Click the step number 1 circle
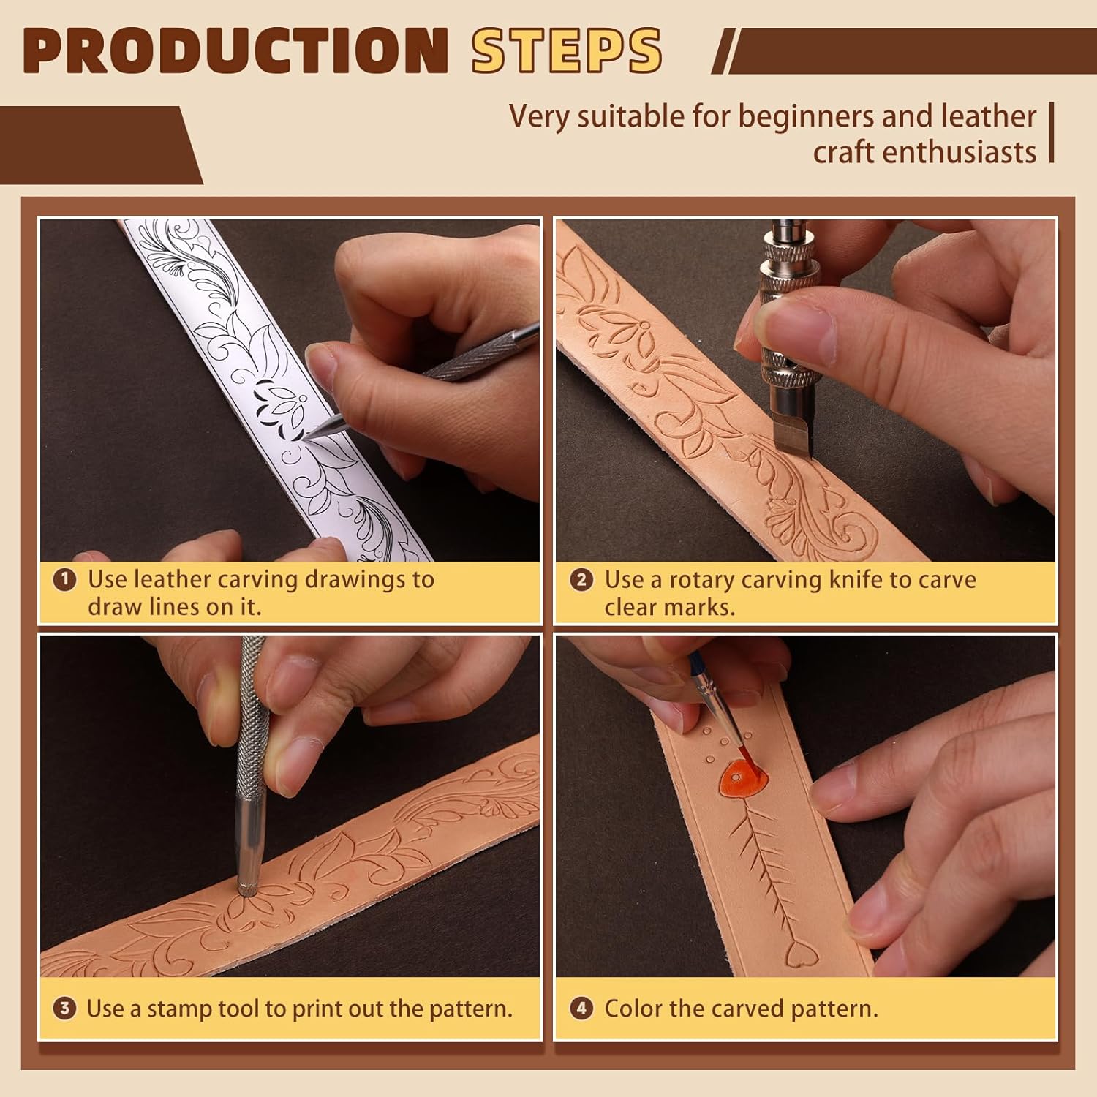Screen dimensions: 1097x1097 [65, 580]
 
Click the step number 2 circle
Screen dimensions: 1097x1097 [581, 580]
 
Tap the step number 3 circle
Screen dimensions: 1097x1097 [65, 1009]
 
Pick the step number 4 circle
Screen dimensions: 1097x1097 [581, 1009]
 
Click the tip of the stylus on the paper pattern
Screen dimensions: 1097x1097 [307, 437]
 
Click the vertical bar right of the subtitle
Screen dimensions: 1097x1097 [1052, 132]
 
